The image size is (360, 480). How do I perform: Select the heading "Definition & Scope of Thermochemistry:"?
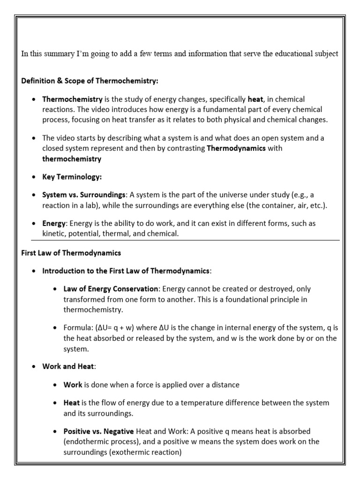click(90, 81)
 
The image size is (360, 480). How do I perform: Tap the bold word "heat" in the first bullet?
click(255, 99)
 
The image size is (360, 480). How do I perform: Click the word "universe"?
click(236, 195)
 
